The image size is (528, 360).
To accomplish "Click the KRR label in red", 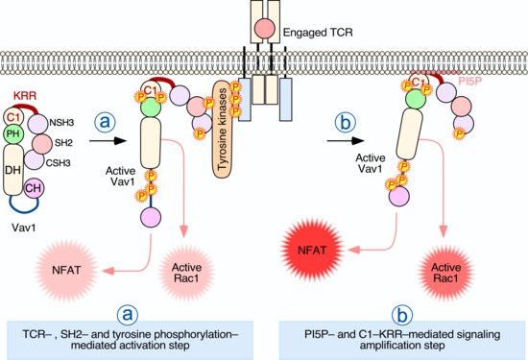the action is click(25, 96).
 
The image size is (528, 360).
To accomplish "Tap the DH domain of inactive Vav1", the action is click(13, 170).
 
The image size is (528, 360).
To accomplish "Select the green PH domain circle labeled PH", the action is click(13, 133).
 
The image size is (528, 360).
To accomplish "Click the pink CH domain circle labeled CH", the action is click(34, 188).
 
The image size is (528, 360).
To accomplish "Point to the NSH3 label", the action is click(61, 123).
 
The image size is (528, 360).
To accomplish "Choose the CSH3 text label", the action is click(58, 163).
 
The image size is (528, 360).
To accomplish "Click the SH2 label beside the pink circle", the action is click(63, 143).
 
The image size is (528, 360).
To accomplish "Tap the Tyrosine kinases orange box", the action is click(223, 130).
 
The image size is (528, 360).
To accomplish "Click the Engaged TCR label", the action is click(318, 33).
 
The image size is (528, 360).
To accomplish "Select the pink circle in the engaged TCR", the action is click(265, 28).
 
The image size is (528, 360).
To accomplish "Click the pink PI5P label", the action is click(470, 82).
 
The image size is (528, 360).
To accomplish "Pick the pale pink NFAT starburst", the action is click(66, 271).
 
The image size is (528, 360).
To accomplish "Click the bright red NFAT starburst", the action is click(312, 251).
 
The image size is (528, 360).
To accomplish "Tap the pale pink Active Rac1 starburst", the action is click(186, 273).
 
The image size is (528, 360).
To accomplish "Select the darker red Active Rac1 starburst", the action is click(446, 273).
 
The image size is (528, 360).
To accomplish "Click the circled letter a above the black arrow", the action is click(105, 122).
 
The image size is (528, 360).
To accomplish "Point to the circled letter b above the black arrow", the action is click(346, 123).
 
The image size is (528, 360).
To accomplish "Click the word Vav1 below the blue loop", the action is click(24, 228).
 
